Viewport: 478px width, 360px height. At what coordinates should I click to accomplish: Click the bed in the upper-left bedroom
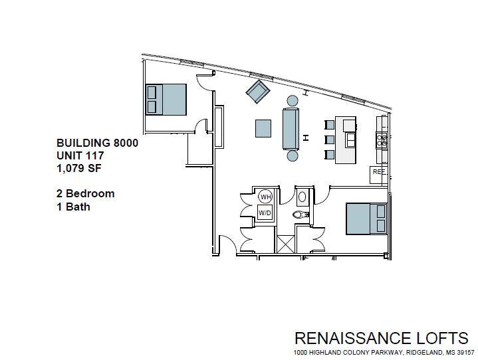166,99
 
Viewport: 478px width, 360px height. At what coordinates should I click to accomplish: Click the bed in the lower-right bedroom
366,218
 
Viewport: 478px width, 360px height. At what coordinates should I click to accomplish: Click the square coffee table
263,128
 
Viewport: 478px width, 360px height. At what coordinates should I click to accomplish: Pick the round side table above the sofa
292,101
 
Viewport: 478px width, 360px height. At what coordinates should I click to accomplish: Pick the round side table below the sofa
292,156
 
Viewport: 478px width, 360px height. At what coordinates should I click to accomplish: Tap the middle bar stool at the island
329,139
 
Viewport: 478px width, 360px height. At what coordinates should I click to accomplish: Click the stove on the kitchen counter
382,139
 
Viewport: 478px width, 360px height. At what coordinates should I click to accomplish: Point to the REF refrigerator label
379,172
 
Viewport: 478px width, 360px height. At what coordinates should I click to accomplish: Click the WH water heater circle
265,197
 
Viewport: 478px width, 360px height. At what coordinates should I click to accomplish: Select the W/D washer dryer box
265,212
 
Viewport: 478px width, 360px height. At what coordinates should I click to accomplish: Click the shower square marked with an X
285,243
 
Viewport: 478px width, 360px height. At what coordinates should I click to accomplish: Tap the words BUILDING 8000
97,143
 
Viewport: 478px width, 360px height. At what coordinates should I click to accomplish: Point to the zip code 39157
464,352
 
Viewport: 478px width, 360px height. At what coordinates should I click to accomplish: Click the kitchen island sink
350,140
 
